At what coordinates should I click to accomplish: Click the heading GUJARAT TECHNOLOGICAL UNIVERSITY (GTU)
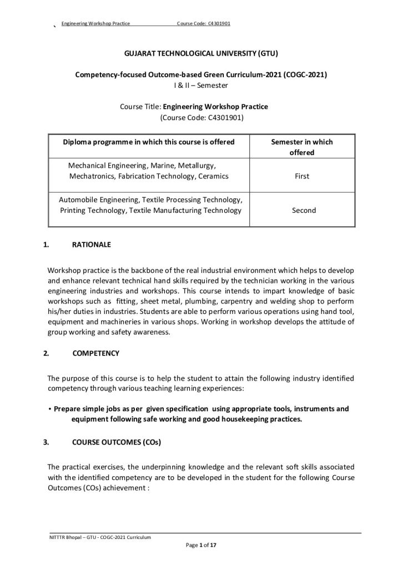pos(201,54)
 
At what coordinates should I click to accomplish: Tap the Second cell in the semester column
pos(303,211)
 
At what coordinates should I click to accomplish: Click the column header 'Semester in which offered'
pos(302,147)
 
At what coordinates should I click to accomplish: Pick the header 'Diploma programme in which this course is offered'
pos(149,142)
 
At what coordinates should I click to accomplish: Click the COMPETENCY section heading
pos(96,353)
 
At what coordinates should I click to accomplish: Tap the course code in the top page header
pos(204,23)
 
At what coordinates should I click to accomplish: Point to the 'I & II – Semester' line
pos(201,85)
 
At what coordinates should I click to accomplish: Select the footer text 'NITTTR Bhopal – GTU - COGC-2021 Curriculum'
pos(100,537)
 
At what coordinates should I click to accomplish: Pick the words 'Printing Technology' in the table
pos(91,211)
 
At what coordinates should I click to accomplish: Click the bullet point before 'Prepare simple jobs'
pos(50,409)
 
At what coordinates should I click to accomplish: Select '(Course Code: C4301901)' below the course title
pos(201,117)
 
